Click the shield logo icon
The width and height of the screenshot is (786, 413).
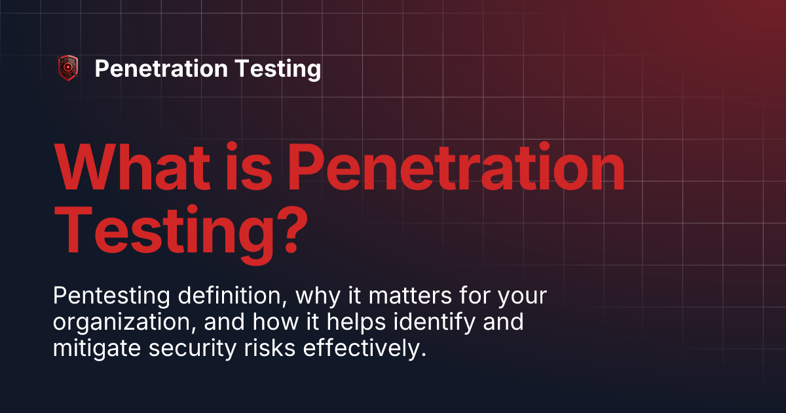coord(68,68)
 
